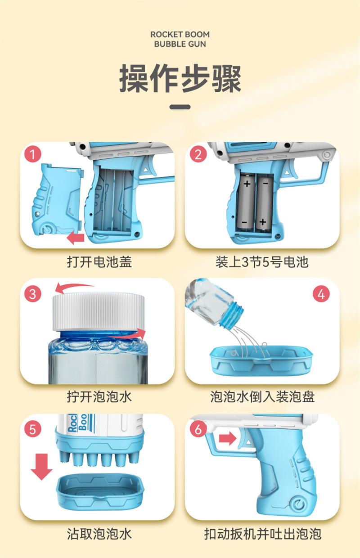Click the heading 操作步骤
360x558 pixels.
pyautogui.click(x=180, y=79)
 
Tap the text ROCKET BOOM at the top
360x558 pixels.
pyautogui.click(x=180, y=35)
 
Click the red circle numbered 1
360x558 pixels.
pyautogui.click(x=32, y=155)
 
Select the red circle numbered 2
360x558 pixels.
pyautogui.click(x=198, y=155)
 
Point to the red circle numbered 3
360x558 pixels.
pyautogui.click(x=32, y=295)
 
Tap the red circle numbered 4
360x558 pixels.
pyautogui.click(x=320, y=294)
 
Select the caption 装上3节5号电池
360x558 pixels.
pyautogui.click(x=262, y=262)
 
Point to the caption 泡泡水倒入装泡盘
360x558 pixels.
pyautogui.click(x=262, y=397)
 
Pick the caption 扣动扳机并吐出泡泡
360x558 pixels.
pyautogui.click(x=262, y=534)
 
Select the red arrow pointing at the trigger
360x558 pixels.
pyautogui.click(x=228, y=438)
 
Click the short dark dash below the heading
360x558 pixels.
pyautogui.click(x=180, y=107)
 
